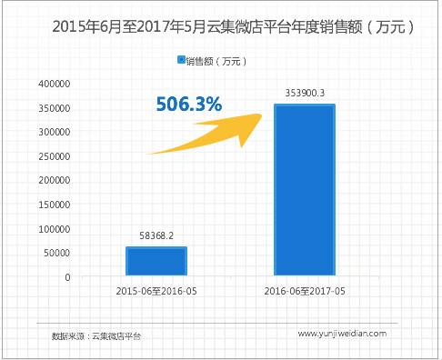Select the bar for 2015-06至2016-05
156,261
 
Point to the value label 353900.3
304,93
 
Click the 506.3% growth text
187,105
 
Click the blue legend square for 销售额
180,61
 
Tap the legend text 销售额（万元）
216,61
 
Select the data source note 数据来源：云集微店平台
97,335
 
